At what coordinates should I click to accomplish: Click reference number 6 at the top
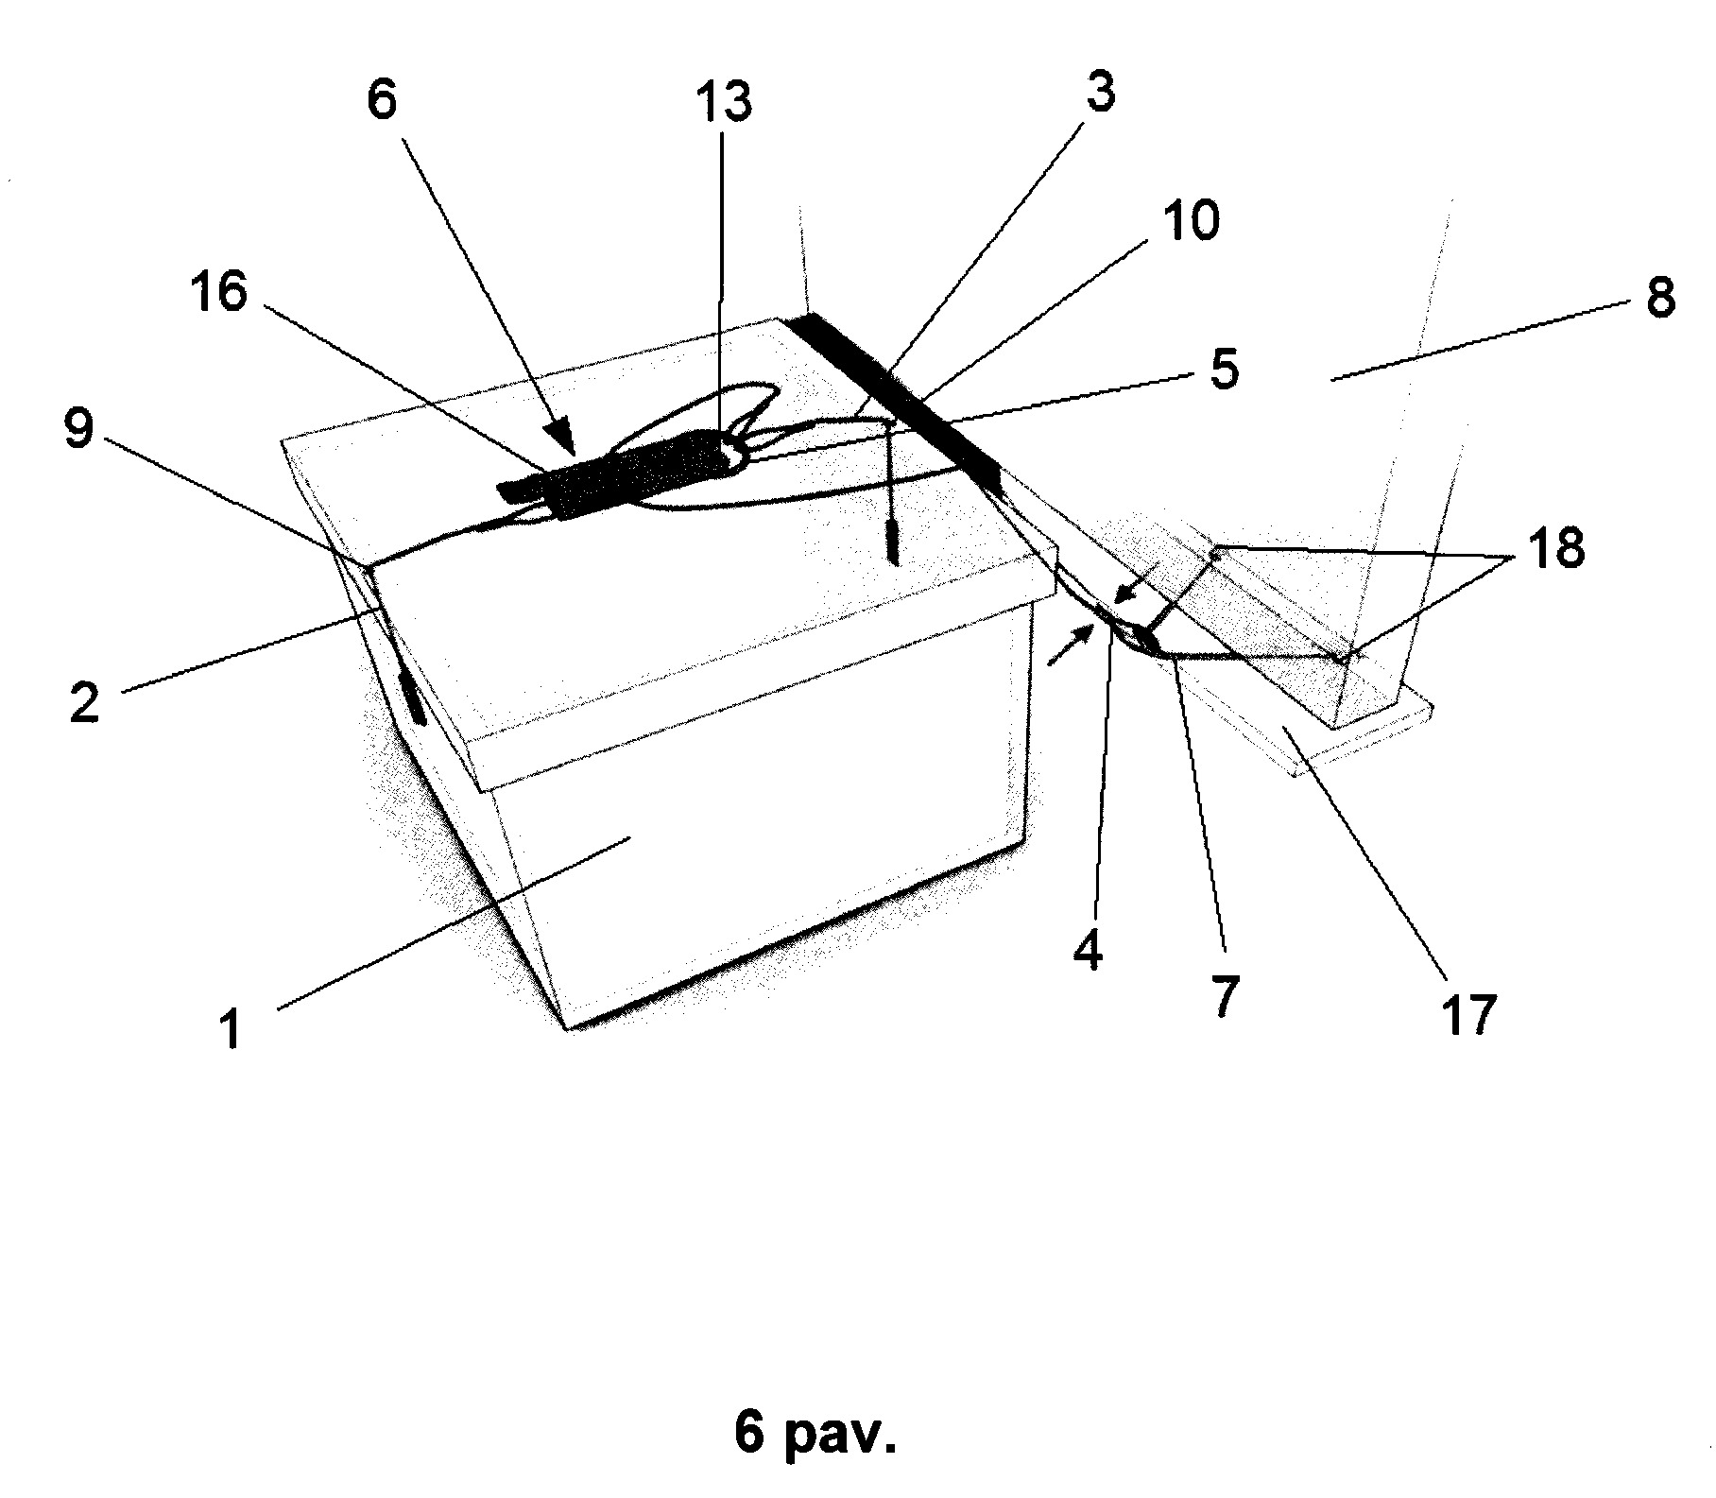[382, 100]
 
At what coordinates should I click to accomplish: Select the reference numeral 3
[1097, 94]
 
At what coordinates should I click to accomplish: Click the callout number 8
[1224, 370]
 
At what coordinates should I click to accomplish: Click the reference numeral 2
[84, 703]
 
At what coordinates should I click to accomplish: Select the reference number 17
[1467, 1014]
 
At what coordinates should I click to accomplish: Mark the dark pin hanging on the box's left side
[414, 698]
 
